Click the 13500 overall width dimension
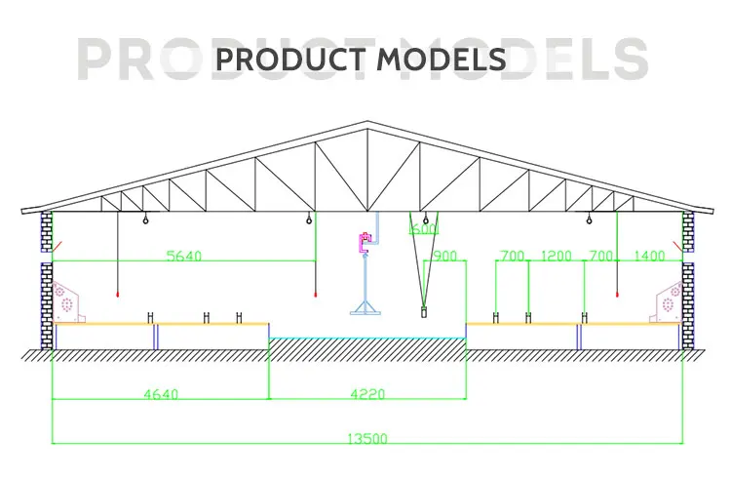365,438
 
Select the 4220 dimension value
367,394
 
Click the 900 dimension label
443,256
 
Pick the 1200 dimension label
557,256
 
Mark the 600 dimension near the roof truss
423,230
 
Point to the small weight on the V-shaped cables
423,312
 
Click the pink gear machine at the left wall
68,299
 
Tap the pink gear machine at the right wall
667,299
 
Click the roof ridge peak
366,123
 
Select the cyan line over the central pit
366,339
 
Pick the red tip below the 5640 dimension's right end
314,294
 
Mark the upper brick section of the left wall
46,231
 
